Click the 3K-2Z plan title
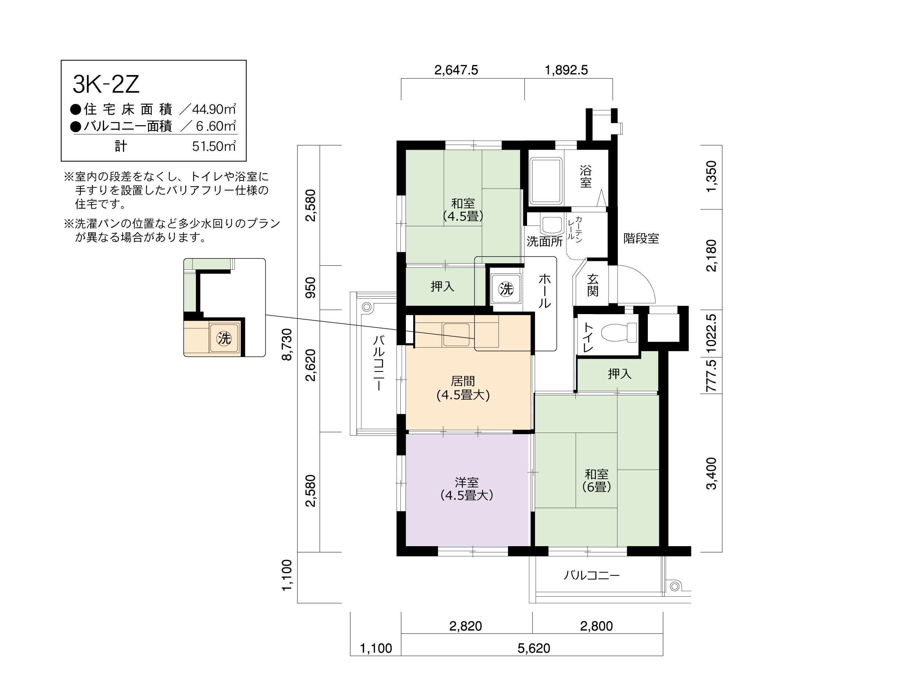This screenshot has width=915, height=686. (106, 85)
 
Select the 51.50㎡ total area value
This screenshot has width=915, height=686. (214, 146)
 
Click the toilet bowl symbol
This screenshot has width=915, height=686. (619, 332)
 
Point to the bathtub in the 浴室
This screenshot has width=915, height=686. (546, 181)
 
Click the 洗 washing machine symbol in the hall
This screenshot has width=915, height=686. (506, 289)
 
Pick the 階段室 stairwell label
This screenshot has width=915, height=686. (641, 238)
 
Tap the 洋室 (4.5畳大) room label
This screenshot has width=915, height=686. (467, 489)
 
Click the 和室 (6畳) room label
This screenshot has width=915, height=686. (597, 480)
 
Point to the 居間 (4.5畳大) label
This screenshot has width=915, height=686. (463, 388)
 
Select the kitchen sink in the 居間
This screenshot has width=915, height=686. (456, 335)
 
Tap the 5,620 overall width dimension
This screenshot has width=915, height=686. (534, 648)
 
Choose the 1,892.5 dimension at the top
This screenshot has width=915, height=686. (566, 70)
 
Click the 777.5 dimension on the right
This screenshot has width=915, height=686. (711, 376)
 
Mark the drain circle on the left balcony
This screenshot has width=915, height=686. (367, 307)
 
